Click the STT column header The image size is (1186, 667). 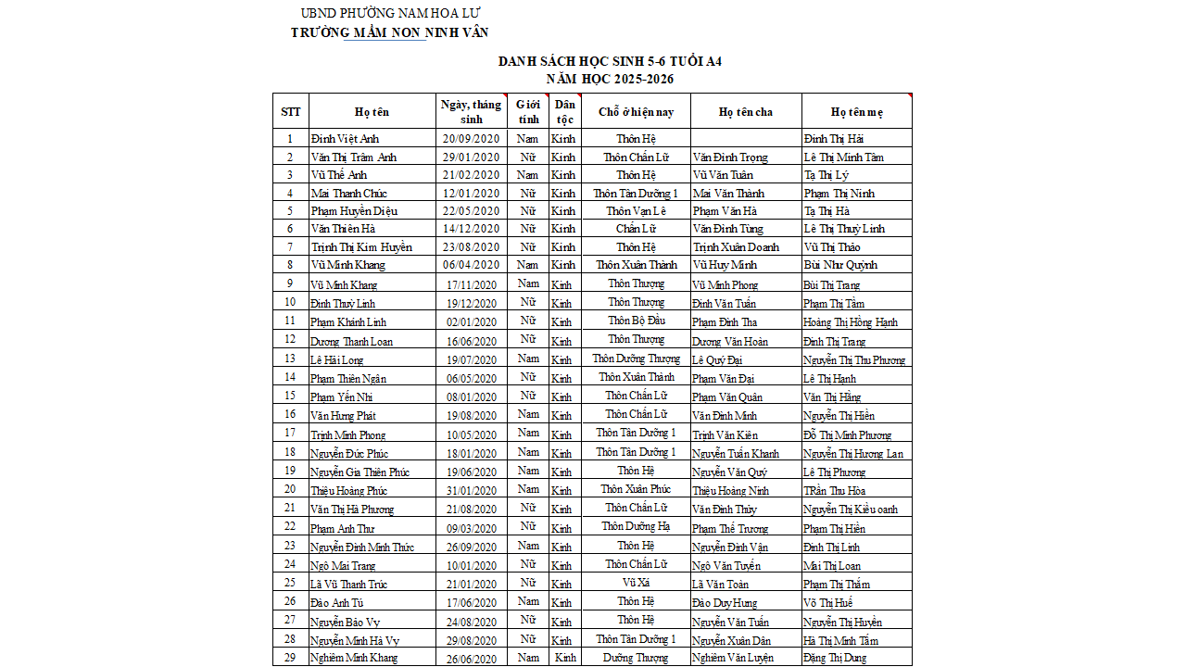click(290, 112)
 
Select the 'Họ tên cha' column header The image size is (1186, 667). click(745, 112)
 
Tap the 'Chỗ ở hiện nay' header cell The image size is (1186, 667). click(636, 112)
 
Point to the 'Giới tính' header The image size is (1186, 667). click(528, 112)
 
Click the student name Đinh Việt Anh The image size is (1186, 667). click(345, 139)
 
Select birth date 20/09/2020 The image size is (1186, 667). click(471, 139)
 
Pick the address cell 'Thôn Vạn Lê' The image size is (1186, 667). click(636, 210)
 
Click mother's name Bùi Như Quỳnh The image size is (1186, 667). click(840, 265)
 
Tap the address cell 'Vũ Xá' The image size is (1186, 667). click(636, 583)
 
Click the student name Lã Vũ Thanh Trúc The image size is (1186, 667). click(349, 585)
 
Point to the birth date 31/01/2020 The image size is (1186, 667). click(471, 491)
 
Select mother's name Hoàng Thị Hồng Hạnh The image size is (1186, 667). click(851, 322)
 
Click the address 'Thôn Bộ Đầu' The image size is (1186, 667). click(636, 321)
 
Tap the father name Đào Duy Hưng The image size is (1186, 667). click(725, 603)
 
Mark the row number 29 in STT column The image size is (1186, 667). click(290, 657)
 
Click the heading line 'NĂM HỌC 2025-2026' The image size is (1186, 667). click(610, 79)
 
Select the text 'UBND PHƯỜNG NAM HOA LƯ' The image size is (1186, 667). click(390, 13)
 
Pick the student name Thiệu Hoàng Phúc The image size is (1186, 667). click(348, 491)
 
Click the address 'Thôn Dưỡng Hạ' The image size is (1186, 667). click(636, 526)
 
